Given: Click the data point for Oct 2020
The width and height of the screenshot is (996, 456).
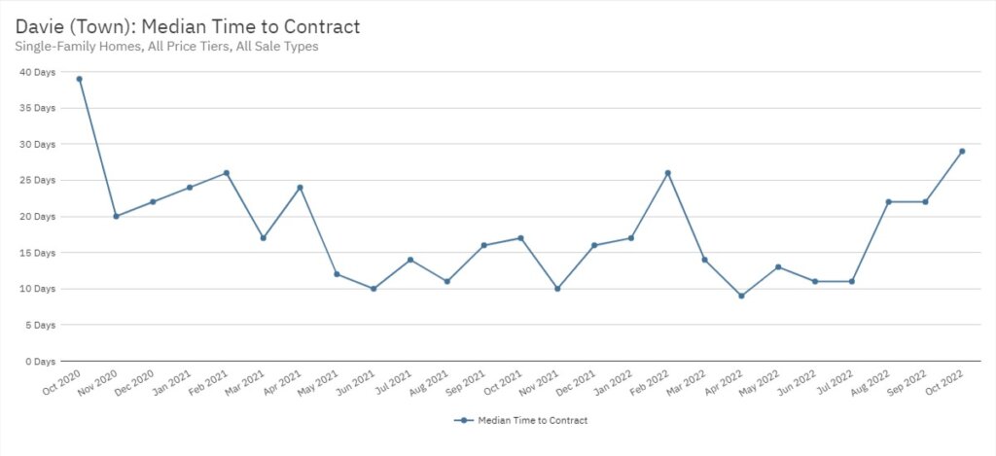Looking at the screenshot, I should pyautogui.click(x=79, y=79).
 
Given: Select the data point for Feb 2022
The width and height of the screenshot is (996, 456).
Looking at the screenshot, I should pyautogui.click(x=667, y=173).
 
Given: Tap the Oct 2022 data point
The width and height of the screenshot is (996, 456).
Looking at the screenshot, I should pyautogui.click(x=962, y=151).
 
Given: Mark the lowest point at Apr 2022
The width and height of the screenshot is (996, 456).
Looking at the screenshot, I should pyautogui.click(x=741, y=296).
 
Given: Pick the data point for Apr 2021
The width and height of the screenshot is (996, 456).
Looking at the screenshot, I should pyautogui.click(x=300, y=188).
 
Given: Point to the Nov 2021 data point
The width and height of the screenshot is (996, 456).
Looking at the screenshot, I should pyautogui.click(x=557, y=289).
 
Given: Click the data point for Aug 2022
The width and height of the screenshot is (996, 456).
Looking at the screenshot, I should pyautogui.click(x=888, y=202).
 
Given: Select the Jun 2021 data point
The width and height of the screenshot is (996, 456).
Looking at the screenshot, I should pyautogui.click(x=373, y=289).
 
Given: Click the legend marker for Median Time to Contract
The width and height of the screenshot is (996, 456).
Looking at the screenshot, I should pyautogui.click(x=465, y=421).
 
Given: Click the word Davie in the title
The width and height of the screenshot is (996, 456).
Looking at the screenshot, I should pyautogui.click(x=40, y=26).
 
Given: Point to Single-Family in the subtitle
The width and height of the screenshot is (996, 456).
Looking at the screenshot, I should pyautogui.click(x=58, y=46).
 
